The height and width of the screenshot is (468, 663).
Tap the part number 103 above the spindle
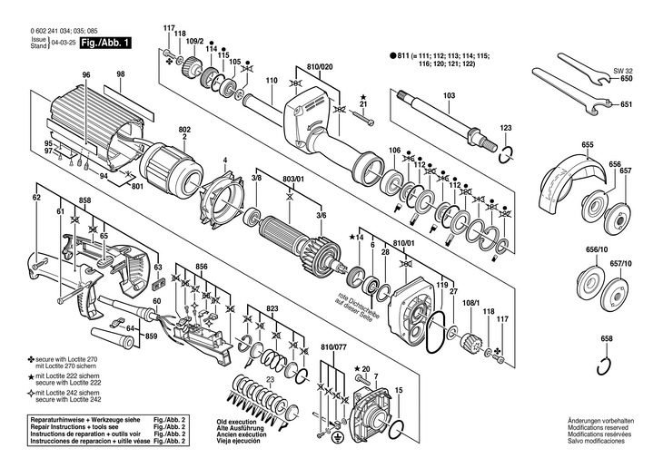449,95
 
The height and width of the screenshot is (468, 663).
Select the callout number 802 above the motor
184,130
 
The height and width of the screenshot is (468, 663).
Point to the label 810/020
320,66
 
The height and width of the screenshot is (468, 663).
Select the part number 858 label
84,199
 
